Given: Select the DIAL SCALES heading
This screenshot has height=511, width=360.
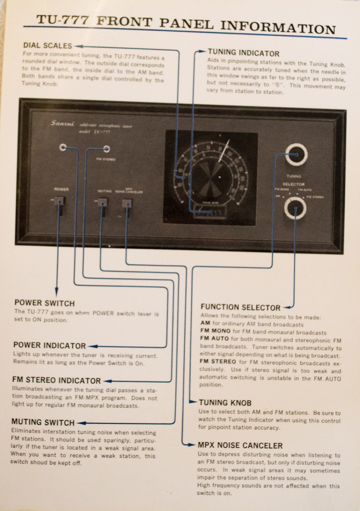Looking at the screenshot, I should point(47,46).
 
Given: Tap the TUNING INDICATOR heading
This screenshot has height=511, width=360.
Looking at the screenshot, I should point(243,53).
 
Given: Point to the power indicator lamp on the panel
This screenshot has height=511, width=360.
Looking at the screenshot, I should point(63,147).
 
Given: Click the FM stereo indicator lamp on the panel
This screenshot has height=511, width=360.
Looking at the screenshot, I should point(106,149).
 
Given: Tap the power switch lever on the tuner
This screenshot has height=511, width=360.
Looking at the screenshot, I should point(59,205).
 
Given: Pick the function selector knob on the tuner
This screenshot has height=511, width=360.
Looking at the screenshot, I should point(295,208).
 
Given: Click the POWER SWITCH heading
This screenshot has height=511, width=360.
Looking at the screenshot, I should point(45,302).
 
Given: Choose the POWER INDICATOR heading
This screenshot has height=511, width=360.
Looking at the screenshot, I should point(49,346).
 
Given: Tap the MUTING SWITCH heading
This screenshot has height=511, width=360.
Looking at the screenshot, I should point(43,422).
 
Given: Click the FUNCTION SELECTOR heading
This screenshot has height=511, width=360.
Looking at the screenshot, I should point(240,307).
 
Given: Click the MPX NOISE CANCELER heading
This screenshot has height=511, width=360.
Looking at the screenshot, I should point(240,445).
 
